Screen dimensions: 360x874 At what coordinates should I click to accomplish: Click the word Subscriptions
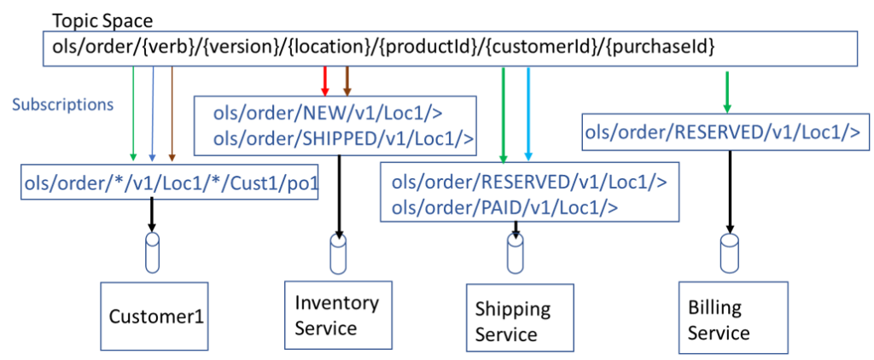click(x=62, y=106)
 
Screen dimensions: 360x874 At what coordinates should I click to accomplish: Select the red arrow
click(x=324, y=80)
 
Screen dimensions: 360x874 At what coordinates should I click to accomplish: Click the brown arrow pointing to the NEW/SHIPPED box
click(x=347, y=80)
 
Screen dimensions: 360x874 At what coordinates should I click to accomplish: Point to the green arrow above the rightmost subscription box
click(x=726, y=90)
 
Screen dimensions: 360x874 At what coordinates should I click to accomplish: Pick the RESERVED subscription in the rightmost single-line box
click(x=727, y=132)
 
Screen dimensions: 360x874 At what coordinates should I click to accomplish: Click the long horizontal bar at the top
click(x=450, y=49)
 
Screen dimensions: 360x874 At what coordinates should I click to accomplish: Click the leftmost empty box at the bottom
click(x=154, y=316)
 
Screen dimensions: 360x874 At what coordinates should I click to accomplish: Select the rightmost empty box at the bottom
click(x=731, y=315)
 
